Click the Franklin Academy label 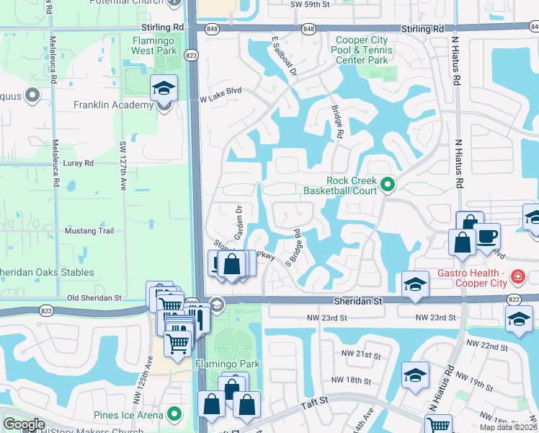[113, 105]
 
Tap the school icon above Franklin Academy [164, 89]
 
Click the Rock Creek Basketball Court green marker [388, 185]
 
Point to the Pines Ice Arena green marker [174, 415]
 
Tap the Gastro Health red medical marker [517, 276]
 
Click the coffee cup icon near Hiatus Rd [487, 236]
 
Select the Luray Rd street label [79, 163]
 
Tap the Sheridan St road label [358, 300]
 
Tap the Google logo [24, 424]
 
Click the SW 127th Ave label [123, 167]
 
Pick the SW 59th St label [311, 4]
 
